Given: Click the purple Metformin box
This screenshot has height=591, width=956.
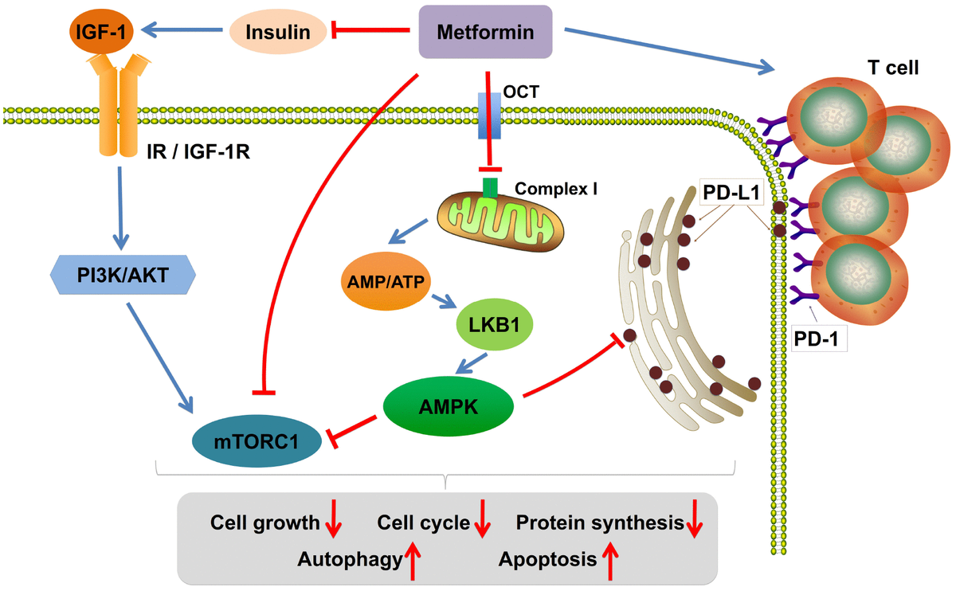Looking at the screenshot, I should pos(485,31).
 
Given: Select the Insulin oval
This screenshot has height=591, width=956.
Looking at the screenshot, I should pos(278,31).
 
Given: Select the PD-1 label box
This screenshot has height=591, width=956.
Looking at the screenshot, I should pos(819,339).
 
